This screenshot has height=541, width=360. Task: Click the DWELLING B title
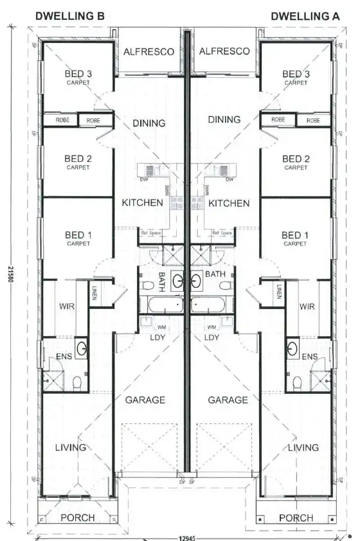(x=69, y=15)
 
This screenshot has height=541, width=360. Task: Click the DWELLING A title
(x=305, y=15)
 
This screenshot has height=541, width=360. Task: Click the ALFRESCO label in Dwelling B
(x=148, y=51)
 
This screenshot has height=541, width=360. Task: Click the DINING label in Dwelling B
(x=148, y=123)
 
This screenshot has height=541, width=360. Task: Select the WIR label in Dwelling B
(x=67, y=306)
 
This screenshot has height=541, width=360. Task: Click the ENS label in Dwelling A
(x=310, y=357)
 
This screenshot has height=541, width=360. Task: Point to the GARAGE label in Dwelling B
(x=145, y=400)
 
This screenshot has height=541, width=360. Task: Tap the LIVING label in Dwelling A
(x=303, y=447)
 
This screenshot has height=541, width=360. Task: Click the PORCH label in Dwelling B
(x=77, y=517)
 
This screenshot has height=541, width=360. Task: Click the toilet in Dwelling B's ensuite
(x=76, y=383)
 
